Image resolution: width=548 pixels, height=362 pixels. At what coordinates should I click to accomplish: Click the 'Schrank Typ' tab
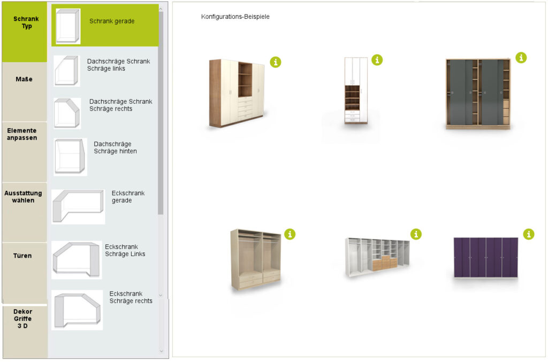tap(25, 32)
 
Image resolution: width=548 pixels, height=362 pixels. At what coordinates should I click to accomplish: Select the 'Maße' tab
tap(25, 92)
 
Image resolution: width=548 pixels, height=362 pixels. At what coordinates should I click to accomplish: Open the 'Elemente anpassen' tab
tap(25, 152)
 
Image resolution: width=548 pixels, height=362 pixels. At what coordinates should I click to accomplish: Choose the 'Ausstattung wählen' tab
tap(25, 212)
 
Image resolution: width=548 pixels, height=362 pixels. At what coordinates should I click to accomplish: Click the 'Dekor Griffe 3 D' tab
tap(25, 332)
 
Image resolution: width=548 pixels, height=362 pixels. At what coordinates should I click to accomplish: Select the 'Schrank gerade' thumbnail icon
tap(68, 26)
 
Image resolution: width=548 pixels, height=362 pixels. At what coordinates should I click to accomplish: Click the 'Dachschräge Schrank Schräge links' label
tap(118, 65)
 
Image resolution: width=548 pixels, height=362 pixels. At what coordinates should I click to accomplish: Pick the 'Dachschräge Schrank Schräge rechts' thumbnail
tap(67, 113)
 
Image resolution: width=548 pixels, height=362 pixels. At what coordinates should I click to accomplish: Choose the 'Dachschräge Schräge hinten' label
tap(115, 148)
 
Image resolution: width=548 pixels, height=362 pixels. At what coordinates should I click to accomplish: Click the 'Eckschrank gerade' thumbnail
tap(78, 206)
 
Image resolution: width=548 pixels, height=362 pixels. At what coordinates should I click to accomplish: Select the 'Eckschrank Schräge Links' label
tap(125, 250)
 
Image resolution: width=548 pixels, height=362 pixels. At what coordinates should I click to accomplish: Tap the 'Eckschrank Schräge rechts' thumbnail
tap(77, 310)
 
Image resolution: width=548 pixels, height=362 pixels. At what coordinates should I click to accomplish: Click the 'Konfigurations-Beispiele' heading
tap(235, 17)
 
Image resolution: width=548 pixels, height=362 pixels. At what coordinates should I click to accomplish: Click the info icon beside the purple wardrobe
tap(528, 234)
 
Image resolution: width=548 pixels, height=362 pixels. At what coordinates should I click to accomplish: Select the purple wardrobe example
tap(486, 258)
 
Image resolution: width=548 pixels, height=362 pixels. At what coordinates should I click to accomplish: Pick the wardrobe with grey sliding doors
tap(478, 94)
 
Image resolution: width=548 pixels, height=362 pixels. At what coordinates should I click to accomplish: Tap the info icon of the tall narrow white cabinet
tap(377, 60)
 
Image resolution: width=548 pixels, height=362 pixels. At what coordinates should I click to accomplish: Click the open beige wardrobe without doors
tap(256, 259)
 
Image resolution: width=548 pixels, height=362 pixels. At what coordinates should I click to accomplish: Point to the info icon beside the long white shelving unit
tap(416, 234)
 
